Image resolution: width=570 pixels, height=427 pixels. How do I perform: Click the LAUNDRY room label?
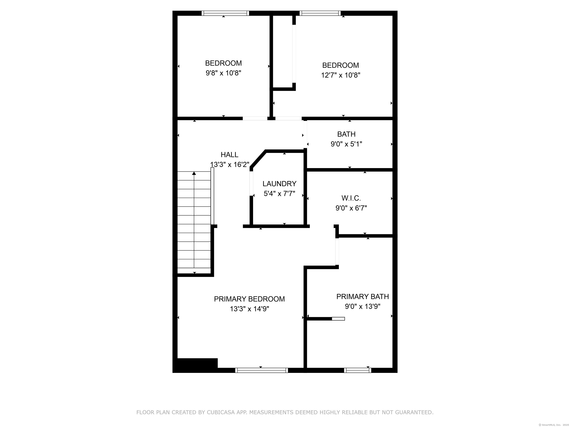coord(279,184)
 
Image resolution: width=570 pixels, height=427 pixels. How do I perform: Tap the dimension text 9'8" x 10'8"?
coord(223,73)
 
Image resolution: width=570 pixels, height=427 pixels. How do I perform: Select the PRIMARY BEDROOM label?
coord(249,299)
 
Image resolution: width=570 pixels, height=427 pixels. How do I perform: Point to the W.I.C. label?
coord(351,198)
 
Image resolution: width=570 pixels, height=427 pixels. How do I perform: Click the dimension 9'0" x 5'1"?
coord(346,144)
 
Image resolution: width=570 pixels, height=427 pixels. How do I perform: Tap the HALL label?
coord(229,155)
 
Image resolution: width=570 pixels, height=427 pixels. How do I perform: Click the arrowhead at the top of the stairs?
coord(194,173)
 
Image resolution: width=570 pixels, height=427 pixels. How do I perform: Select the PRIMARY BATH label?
coord(362,297)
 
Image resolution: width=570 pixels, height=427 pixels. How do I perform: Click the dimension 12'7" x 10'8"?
coord(340,75)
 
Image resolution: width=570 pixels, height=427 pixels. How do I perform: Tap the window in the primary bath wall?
coord(357,370)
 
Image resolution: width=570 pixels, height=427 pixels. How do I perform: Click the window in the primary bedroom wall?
coord(261,370)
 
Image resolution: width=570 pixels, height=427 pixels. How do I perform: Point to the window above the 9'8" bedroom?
coord(225,13)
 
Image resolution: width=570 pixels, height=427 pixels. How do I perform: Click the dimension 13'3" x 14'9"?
coord(249,309)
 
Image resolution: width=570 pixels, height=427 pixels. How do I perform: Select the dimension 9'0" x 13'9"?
coord(362,307)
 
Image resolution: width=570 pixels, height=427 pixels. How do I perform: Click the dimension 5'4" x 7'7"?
coord(279,193)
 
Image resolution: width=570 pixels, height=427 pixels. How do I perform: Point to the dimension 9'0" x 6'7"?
coord(351,208)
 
